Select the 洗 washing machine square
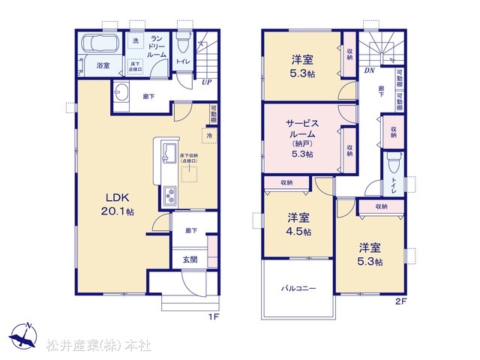coord(136,40)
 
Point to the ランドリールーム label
coord(157,46)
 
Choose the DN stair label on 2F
coord(369,71)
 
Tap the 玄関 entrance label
coord(189,260)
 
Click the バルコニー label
coord(298,288)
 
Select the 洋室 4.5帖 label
coord(298,224)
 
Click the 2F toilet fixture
coord(394,162)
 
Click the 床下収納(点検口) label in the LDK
coord(188,160)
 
